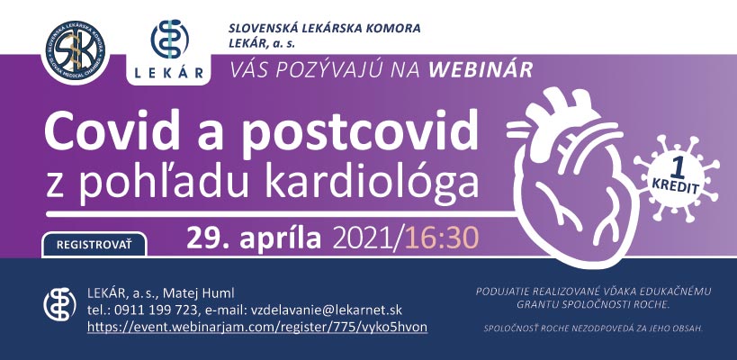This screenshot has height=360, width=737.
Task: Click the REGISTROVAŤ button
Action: (94, 245)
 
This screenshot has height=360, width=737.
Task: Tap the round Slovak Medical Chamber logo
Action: (76, 49)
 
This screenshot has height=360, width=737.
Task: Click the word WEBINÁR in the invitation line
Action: (481, 70)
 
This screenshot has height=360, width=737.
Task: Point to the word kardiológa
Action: (372, 183)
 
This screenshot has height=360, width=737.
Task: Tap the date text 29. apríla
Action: (254, 238)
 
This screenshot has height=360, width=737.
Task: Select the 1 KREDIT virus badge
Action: (677, 178)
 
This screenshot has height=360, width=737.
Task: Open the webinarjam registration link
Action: (257, 327)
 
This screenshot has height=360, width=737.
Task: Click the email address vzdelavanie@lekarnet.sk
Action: (325, 310)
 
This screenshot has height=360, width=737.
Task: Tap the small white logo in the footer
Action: (59, 304)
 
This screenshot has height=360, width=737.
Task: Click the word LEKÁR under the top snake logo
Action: (169, 73)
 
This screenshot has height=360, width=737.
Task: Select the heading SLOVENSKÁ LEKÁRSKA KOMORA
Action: (324, 28)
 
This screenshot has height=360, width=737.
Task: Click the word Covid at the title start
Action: (113, 129)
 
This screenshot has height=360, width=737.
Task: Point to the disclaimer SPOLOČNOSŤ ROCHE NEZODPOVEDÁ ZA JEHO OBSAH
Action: (593, 328)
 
